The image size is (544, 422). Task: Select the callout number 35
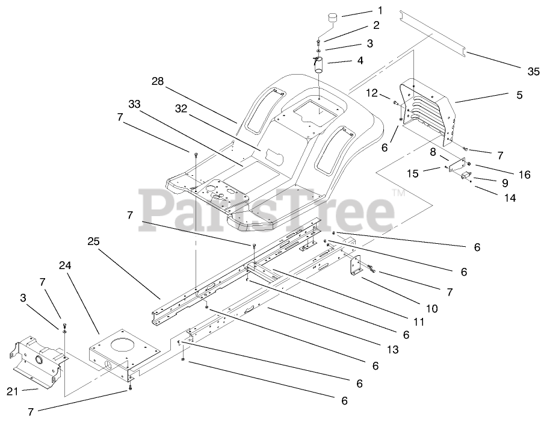[533, 72]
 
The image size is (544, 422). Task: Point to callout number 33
[134, 104]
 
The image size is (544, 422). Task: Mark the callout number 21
[13, 391]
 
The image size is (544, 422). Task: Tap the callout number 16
[524, 175]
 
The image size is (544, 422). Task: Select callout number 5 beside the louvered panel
[519, 95]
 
